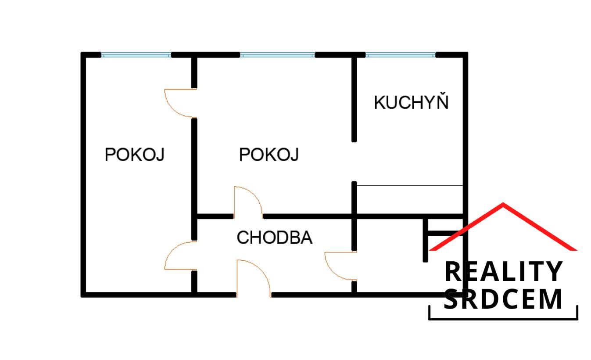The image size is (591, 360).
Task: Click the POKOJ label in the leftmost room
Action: (134, 155)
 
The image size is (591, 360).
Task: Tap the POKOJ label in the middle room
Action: (269, 155)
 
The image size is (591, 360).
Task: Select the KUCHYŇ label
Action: (411, 103)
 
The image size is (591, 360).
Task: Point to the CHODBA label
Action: (274, 238)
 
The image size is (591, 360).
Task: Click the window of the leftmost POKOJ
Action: (136, 55)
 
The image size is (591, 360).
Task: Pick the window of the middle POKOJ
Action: (277, 55)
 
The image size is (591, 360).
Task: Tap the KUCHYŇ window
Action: (400, 55)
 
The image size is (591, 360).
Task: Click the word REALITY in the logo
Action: (503, 271)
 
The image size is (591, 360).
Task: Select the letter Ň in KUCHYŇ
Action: (442, 101)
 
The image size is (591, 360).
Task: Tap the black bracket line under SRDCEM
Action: (503, 319)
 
